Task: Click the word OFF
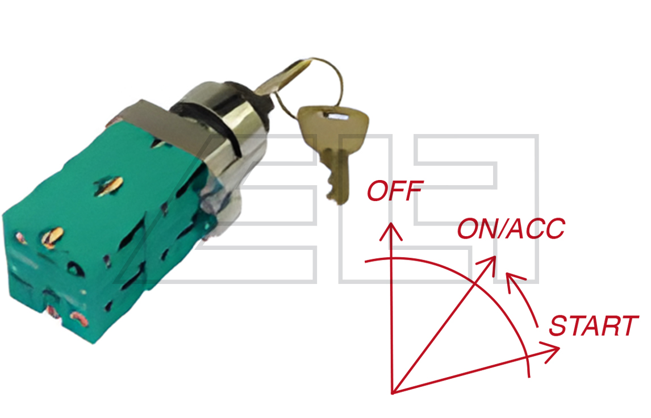tap(395, 190)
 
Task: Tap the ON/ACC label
tap(511, 228)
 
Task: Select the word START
tap(594, 326)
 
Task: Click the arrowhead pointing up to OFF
tap(391, 232)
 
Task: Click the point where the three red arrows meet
tap(393, 392)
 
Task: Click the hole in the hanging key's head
tap(337, 116)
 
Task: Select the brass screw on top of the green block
tap(108, 186)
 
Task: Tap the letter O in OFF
tap(377, 191)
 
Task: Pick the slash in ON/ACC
tap(500, 228)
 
